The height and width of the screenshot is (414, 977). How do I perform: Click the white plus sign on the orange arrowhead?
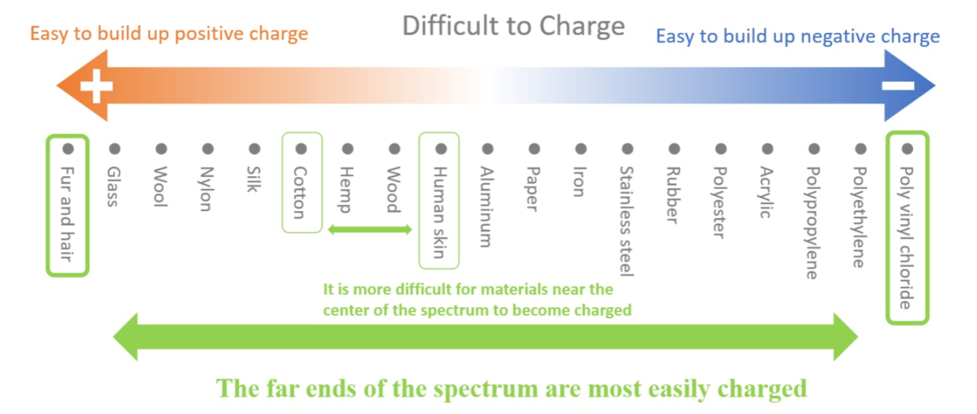coord(96,86)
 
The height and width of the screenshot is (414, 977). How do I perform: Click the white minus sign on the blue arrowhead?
coord(898,86)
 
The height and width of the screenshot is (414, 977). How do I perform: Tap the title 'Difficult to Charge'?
coord(514,26)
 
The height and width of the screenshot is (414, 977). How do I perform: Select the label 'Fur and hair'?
coord(66,214)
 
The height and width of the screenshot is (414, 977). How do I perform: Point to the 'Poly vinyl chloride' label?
coord(906,238)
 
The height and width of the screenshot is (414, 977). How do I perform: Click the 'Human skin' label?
coord(440,213)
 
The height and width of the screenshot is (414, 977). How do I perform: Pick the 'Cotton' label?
coord(300,192)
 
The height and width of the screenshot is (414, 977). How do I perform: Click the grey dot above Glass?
coord(114,149)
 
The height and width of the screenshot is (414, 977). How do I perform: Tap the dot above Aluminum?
coord(488,149)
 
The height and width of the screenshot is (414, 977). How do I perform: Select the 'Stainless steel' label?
coord(627,221)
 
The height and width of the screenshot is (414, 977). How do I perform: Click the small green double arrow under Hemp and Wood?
coord(370,229)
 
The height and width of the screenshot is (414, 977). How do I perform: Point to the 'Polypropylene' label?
coord(813,223)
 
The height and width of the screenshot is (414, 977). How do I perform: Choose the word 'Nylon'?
coord(206,188)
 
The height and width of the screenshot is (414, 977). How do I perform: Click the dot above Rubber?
coord(674,149)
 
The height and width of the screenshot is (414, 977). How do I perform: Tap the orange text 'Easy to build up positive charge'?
coord(169,34)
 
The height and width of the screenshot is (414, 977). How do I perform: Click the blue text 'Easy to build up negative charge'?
coord(798,36)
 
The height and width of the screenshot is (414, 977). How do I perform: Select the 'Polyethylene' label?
coord(859,217)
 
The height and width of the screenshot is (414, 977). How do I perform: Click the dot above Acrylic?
coord(768,149)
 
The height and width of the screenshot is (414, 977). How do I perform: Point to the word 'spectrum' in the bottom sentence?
coord(486,389)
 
